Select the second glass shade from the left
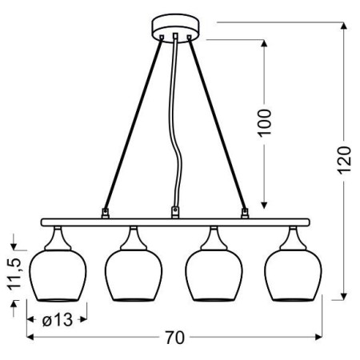134,274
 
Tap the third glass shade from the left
214,274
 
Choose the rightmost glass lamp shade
292,274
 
